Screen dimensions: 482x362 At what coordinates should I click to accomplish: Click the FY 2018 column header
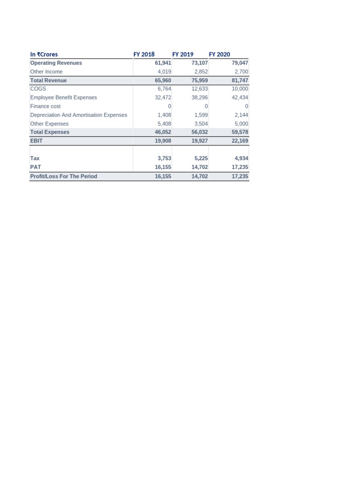144,54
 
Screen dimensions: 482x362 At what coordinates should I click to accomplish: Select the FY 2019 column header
183,54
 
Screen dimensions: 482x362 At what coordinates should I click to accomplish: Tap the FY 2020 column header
220,54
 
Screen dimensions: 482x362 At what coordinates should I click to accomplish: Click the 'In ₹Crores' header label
44,54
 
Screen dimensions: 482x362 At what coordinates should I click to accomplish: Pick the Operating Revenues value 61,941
163,63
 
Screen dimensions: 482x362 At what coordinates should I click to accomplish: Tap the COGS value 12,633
199,88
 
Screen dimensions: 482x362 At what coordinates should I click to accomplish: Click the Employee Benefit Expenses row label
63,97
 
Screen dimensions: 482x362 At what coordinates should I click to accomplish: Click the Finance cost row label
45,106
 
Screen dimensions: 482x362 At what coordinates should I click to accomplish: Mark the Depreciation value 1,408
165,115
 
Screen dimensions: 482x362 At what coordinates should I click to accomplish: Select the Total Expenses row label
49,132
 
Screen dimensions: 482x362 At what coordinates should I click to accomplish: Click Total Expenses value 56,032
199,132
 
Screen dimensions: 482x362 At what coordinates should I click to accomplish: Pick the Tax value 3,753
164,159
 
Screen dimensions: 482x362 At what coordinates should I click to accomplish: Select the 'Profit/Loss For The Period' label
63,176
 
